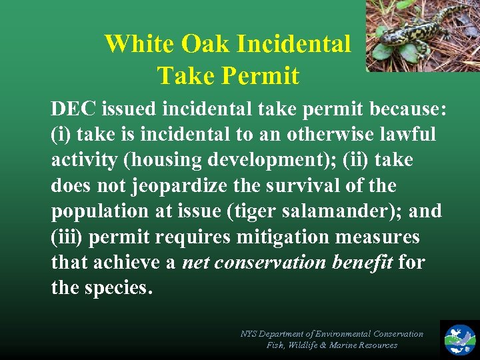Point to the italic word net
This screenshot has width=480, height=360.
[x=195, y=263]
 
